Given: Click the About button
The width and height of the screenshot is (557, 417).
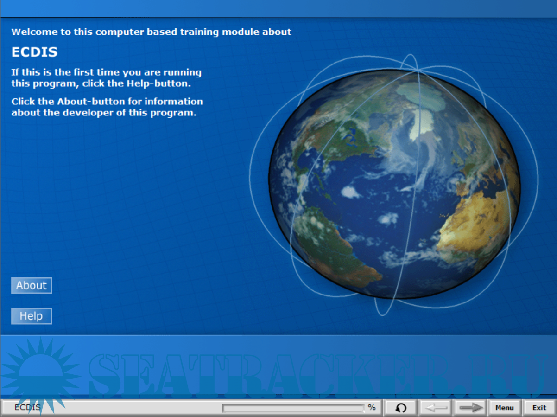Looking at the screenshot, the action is tap(32, 285).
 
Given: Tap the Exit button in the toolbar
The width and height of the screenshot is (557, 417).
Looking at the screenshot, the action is tap(539, 408).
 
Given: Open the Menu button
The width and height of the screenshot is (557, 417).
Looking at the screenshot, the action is tap(505, 408).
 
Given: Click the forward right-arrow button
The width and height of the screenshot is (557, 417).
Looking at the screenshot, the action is tap(470, 408).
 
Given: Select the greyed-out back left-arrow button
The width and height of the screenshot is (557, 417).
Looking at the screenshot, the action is tap(436, 408).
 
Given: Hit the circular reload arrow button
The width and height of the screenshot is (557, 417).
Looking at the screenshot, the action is tap(401, 408).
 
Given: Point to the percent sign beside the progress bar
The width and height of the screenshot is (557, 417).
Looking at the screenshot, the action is tap(372, 407).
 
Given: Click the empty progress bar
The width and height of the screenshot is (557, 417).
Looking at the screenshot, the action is tap(293, 408).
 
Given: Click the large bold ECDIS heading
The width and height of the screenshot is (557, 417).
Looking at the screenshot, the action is tap(34, 52).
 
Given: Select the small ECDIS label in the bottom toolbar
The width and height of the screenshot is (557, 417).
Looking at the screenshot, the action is tap(27, 407).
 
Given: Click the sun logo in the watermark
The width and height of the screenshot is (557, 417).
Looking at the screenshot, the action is tap(41, 373).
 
